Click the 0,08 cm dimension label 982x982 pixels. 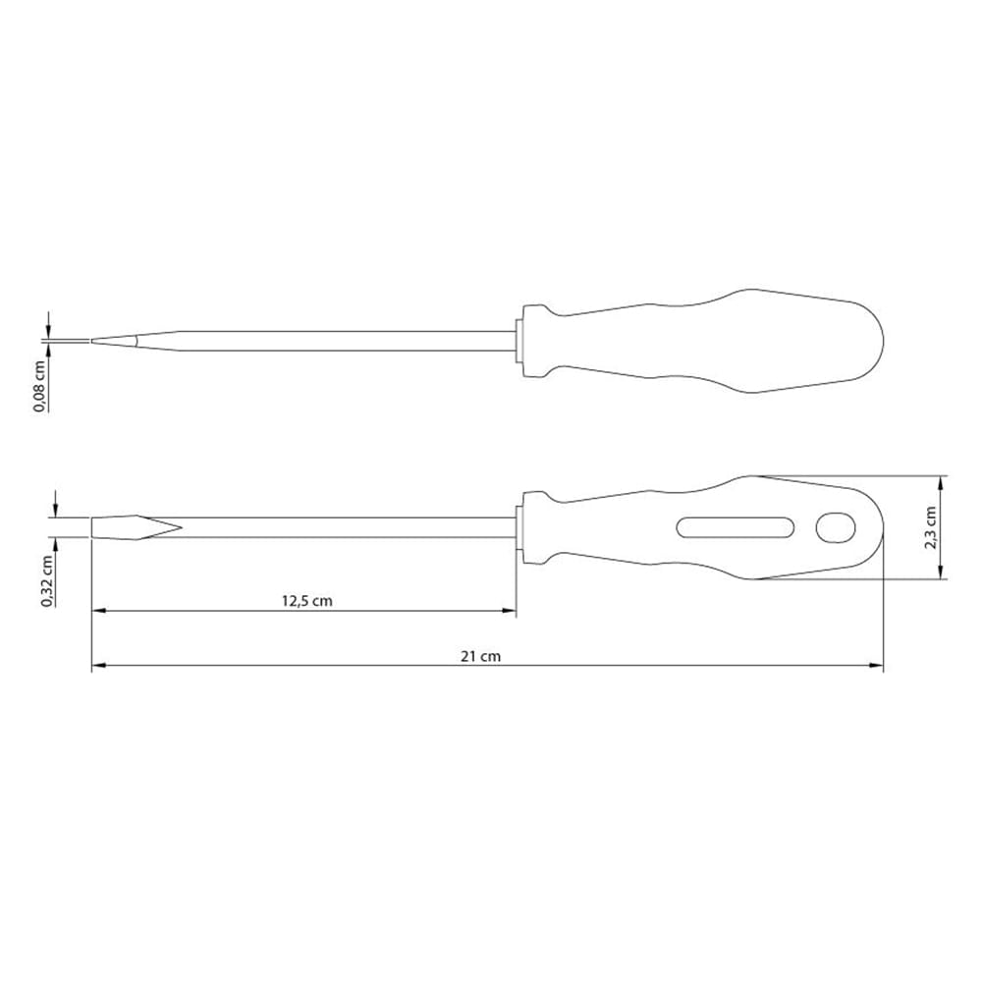tap(40, 386)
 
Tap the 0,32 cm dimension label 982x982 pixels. tap(47, 581)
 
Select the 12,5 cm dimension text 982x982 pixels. tap(306, 601)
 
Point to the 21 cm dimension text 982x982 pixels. tap(481, 656)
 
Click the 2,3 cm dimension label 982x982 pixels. tap(931, 528)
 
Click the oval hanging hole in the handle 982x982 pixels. tap(836, 528)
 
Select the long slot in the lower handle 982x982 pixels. tap(736, 528)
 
